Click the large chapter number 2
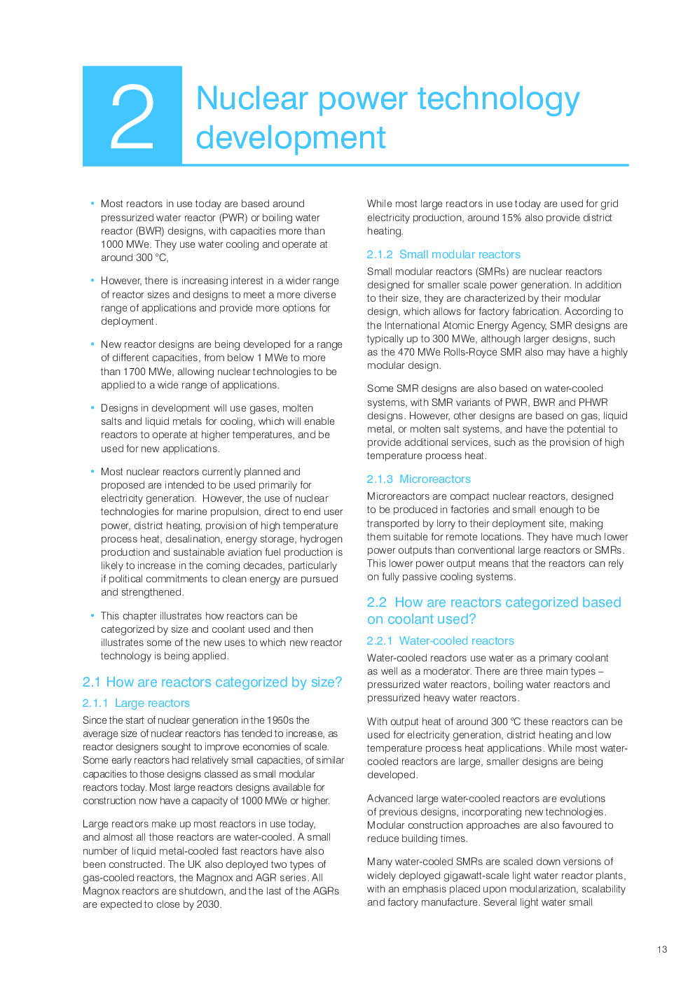[x=132, y=116]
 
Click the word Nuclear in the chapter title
[x=252, y=99]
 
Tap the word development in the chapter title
[x=291, y=138]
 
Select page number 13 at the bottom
[x=662, y=950]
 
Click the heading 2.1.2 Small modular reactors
[x=443, y=255]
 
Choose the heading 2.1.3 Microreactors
[x=418, y=479]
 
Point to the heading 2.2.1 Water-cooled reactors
[x=440, y=641]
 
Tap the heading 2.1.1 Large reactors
[x=136, y=703]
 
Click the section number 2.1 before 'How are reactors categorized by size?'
[x=91, y=682]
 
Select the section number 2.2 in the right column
[x=376, y=603]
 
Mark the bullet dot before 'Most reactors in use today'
[x=92, y=204]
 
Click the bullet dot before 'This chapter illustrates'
[x=92, y=616]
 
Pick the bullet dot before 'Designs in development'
[x=92, y=408]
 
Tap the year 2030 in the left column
[x=208, y=904]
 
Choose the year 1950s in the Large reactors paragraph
[x=280, y=720]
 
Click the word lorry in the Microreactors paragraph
[x=432, y=524]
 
